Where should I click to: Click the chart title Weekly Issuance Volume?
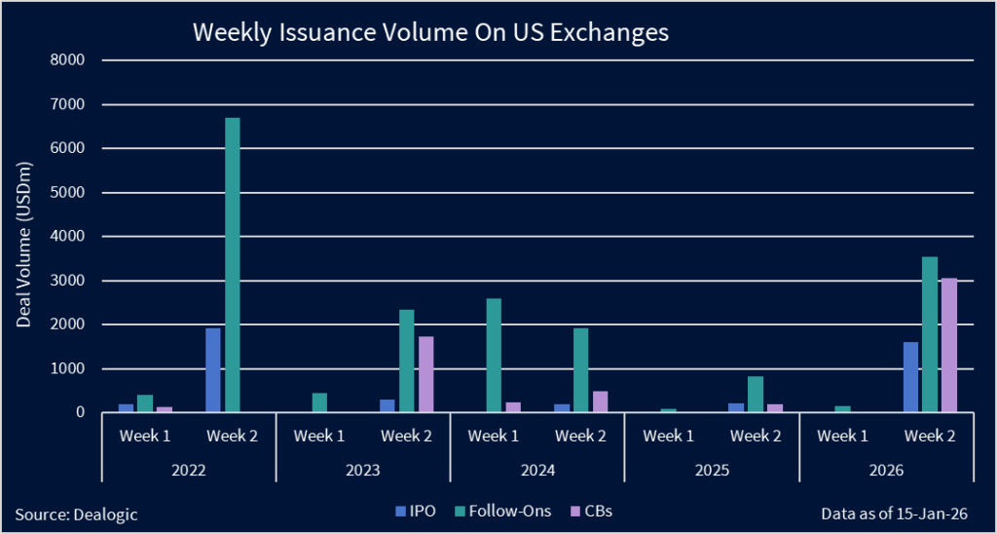(430, 32)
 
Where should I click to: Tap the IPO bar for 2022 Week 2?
(213, 370)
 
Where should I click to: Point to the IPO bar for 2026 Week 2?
(910, 377)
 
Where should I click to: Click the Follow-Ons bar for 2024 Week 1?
(494, 356)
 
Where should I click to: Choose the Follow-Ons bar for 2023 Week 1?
(319, 402)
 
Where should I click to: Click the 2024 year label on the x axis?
(536, 470)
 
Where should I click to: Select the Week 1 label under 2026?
(842, 436)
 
